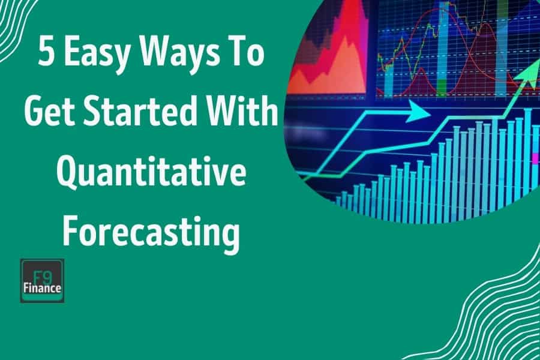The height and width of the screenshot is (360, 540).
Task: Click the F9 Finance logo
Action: click(x=42, y=280)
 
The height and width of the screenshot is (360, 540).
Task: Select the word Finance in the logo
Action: click(x=42, y=288)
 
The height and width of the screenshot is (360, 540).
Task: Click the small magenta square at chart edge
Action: click(x=535, y=158)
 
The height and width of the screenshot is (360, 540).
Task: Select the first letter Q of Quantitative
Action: click(x=68, y=171)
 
